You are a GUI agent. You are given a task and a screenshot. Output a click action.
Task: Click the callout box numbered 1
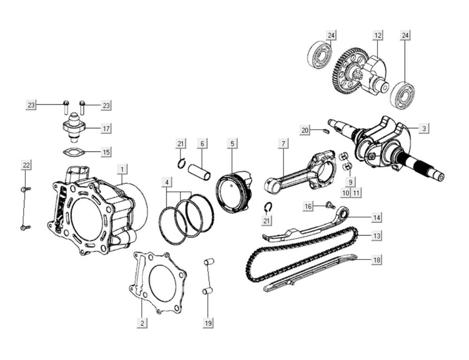click(x=121, y=169)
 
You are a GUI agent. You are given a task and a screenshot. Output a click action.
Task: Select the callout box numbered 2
click(x=142, y=322)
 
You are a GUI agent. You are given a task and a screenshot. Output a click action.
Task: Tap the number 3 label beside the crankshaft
click(x=424, y=128)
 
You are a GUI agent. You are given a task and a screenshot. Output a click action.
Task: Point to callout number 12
click(x=378, y=35)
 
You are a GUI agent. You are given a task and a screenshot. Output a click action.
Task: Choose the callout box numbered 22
click(x=26, y=165)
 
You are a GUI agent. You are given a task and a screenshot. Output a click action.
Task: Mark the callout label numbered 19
click(x=208, y=322)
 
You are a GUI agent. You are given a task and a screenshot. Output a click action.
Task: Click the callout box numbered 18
click(x=377, y=260)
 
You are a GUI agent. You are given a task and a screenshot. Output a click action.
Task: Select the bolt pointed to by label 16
click(x=330, y=205)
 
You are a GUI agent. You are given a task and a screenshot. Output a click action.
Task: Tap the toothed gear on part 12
click(x=345, y=70)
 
